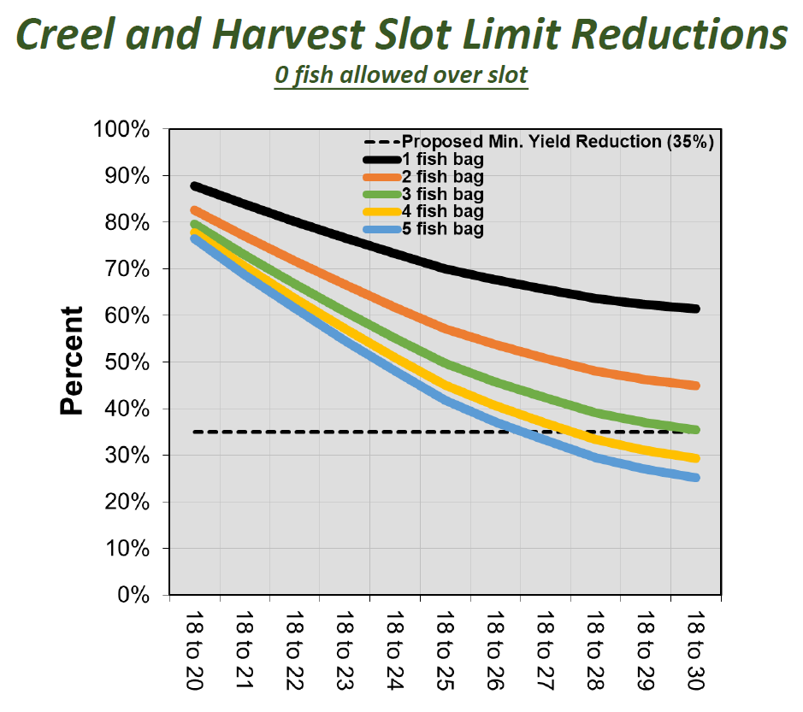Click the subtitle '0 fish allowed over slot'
pyautogui.click(x=401, y=74)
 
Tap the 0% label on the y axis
pyautogui.click(x=135, y=595)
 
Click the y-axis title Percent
pyautogui.click(x=73, y=361)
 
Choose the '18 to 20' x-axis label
pyautogui.click(x=195, y=651)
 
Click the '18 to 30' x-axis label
pyautogui.click(x=694, y=651)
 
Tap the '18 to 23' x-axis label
pyautogui.click(x=345, y=651)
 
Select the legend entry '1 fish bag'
pyautogui.click(x=443, y=159)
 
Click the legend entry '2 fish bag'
pyautogui.click(x=443, y=177)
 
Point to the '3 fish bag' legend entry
pyautogui.click(x=443, y=194)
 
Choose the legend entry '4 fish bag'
pyautogui.click(x=443, y=211)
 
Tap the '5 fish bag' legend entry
pyautogui.click(x=443, y=229)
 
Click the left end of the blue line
pyautogui.click(x=196, y=238)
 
